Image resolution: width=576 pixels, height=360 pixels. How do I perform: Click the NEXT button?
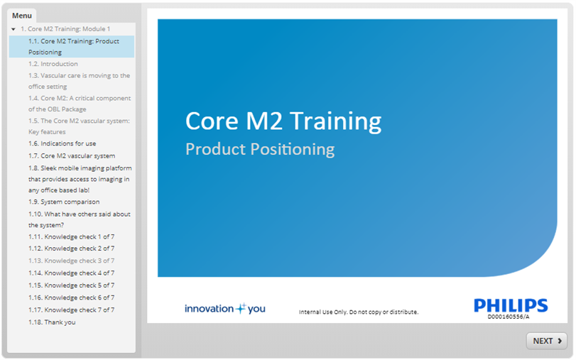click(547, 341)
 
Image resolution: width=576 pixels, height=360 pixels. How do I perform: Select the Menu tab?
click(22, 16)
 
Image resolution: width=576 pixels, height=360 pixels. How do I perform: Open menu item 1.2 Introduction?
click(53, 64)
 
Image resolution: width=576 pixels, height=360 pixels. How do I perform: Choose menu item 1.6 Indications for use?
click(62, 143)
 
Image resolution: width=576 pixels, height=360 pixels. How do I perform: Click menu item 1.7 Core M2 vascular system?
click(72, 156)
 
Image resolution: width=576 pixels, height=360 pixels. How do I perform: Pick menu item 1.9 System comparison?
click(64, 202)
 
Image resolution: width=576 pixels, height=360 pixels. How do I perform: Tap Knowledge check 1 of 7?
click(71, 237)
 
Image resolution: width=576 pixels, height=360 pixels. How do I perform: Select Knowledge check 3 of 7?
click(71, 261)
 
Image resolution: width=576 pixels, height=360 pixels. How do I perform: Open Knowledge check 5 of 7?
click(71, 285)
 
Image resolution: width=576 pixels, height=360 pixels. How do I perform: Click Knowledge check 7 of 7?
click(71, 310)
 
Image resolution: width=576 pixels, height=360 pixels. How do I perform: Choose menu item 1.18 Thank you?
click(52, 322)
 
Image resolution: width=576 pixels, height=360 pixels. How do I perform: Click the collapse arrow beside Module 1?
click(13, 29)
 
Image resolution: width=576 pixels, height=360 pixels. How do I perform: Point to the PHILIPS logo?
click(511, 305)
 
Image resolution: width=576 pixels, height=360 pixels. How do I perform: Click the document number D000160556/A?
click(509, 317)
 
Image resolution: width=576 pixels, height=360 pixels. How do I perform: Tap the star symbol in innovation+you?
click(241, 308)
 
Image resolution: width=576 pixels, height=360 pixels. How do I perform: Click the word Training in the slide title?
click(336, 121)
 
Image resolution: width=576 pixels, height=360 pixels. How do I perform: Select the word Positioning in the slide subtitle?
click(293, 150)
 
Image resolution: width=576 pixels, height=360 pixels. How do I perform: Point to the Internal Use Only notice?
click(359, 312)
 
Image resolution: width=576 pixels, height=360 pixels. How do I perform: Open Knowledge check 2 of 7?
click(71, 249)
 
